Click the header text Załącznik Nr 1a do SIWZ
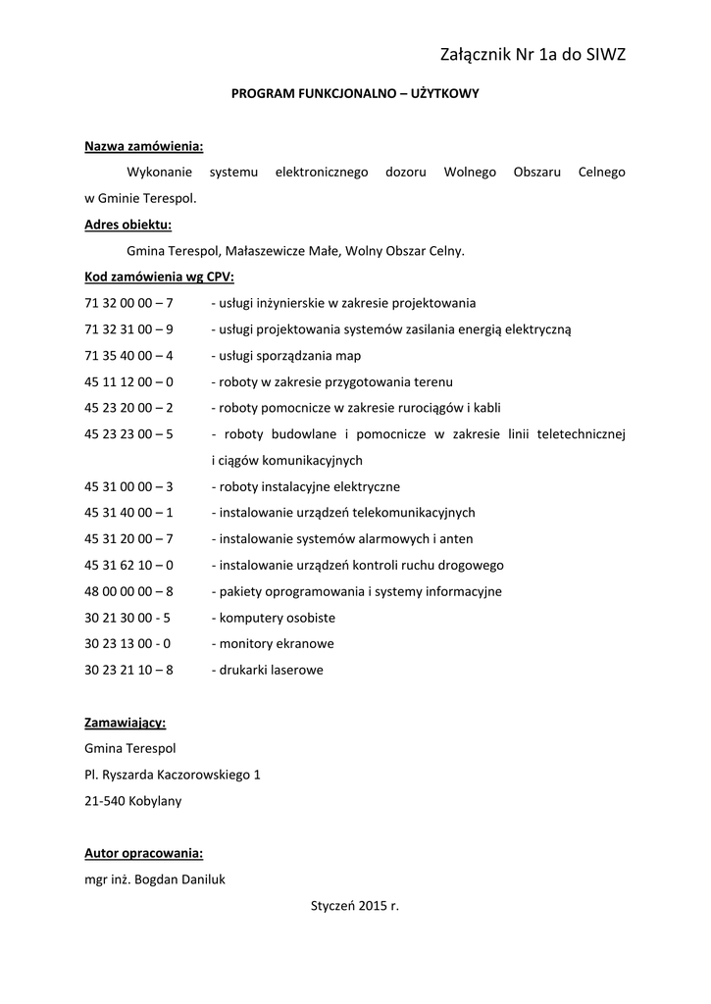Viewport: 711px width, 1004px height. [533, 55]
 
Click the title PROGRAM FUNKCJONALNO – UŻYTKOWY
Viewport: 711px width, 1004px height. [354, 95]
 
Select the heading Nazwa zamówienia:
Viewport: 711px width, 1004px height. [144, 146]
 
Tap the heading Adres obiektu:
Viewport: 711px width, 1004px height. [127, 225]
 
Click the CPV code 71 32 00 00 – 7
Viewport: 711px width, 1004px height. [129, 303]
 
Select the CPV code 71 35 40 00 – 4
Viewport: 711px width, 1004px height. [129, 355]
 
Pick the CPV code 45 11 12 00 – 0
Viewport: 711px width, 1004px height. [129, 381]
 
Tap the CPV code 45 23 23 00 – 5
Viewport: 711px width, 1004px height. [129, 433]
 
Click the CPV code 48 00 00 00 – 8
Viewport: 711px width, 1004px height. [129, 591]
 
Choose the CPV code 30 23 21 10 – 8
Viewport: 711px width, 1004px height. [129, 670]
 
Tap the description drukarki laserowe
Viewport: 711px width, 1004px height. [268, 670]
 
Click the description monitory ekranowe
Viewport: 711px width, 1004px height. [273, 643]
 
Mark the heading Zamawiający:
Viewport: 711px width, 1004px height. [126, 723]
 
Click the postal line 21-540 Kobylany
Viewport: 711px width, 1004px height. [133, 800]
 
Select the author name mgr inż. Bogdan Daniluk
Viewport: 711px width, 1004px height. [155, 879]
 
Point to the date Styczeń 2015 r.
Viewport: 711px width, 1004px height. [354, 906]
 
